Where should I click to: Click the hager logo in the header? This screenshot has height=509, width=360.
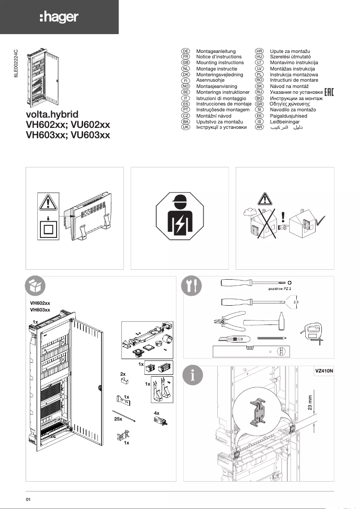(x=59, y=18)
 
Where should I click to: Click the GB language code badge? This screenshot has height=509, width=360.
(x=184, y=63)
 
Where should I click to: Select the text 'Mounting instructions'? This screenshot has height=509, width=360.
(x=220, y=63)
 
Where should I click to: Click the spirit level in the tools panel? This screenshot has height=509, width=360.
(x=251, y=351)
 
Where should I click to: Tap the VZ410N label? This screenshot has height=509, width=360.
(x=323, y=372)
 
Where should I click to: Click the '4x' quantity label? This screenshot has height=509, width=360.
(x=157, y=412)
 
